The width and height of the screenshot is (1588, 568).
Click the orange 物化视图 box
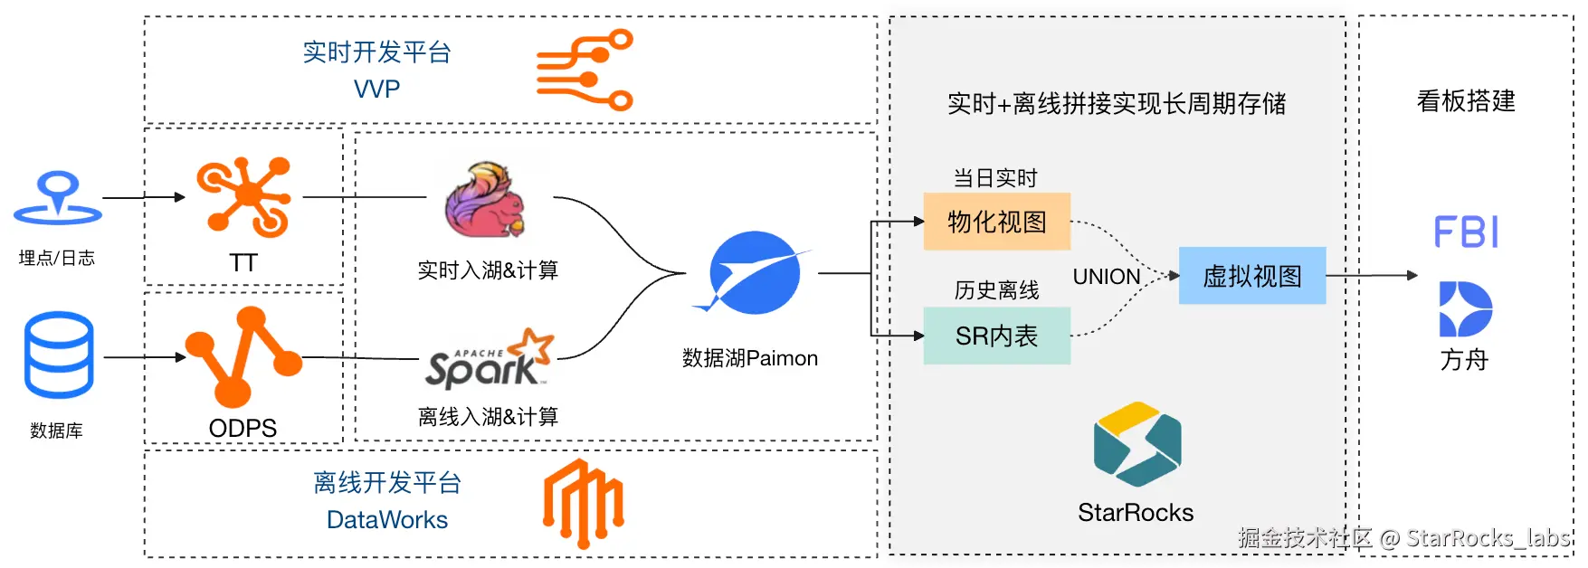click(x=996, y=222)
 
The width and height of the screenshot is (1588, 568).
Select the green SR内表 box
click(x=996, y=336)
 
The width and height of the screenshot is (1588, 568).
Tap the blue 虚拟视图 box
click(x=1251, y=276)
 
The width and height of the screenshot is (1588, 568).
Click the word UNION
click(x=1106, y=277)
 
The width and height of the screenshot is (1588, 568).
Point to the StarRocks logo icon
click(x=1136, y=444)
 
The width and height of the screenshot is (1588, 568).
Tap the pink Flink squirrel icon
click(x=485, y=200)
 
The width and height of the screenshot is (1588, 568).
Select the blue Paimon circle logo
click(x=753, y=272)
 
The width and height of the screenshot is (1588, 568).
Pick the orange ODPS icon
click(x=242, y=356)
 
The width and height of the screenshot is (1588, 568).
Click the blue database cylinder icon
click(x=59, y=355)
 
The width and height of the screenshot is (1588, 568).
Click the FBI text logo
click(x=1466, y=232)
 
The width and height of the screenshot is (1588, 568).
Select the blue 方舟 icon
click(x=1465, y=309)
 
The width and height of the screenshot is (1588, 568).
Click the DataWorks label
click(x=387, y=520)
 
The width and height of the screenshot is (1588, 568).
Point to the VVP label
click(x=376, y=89)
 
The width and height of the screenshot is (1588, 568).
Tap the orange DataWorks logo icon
click(x=583, y=503)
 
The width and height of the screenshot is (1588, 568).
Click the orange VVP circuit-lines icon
click(x=585, y=70)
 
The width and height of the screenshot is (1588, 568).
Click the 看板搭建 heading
click(x=1466, y=101)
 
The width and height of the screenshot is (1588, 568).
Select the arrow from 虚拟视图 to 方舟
click(x=1372, y=276)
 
